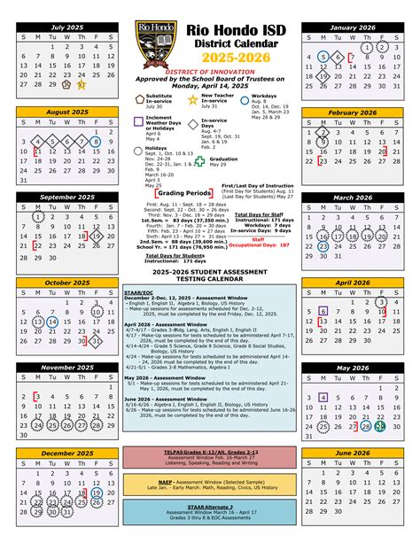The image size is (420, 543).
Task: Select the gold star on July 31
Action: (82, 85)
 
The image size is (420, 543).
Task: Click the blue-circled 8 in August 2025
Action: (96, 141)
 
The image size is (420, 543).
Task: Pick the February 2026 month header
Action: (353, 113)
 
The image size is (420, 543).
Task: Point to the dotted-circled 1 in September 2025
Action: (37, 215)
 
